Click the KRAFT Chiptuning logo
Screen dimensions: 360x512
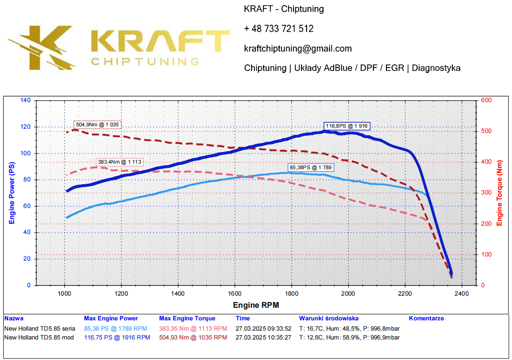tap(119, 47)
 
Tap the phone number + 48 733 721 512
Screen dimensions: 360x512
tap(279, 29)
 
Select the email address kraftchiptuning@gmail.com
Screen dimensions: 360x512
tap(298, 48)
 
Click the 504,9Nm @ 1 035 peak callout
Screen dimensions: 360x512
tap(98, 125)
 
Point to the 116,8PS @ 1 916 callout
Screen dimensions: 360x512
tap(347, 126)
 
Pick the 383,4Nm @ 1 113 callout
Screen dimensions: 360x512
tap(120, 162)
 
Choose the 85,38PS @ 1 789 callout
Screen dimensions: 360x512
tap(311, 167)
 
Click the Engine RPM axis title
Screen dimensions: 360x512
tap(256, 305)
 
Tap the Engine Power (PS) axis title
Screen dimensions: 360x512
tap(12, 193)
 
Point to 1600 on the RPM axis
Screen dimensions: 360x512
tap(235, 293)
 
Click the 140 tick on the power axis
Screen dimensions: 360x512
tap(25, 100)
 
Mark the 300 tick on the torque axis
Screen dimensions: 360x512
tap(485, 193)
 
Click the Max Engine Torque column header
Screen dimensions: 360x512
tap(187, 318)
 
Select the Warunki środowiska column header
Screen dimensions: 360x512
tap(329, 318)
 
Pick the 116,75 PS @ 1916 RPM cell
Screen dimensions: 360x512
tap(117, 337)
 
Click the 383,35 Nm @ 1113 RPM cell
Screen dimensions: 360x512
tap(193, 329)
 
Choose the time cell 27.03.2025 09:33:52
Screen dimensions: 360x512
tap(263, 329)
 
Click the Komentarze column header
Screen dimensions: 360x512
tap(426, 318)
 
